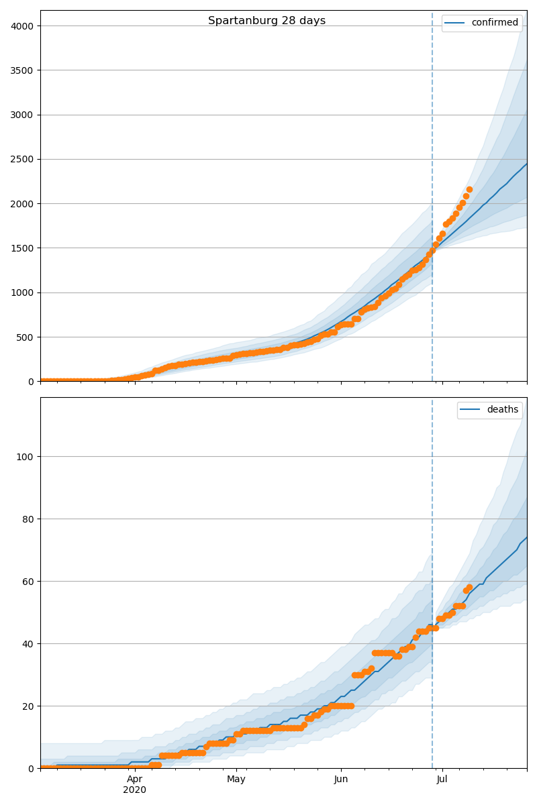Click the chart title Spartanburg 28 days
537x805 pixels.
(x=266, y=21)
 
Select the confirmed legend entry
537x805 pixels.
(x=494, y=23)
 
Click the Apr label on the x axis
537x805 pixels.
(x=134, y=780)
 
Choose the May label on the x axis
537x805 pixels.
(x=236, y=780)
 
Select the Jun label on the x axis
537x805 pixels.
(x=341, y=780)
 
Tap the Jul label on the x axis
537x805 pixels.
(x=442, y=780)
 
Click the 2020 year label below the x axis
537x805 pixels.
(x=134, y=790)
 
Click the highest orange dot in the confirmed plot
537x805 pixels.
(x=469, y=190)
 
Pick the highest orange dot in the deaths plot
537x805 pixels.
(x=469, y=588)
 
